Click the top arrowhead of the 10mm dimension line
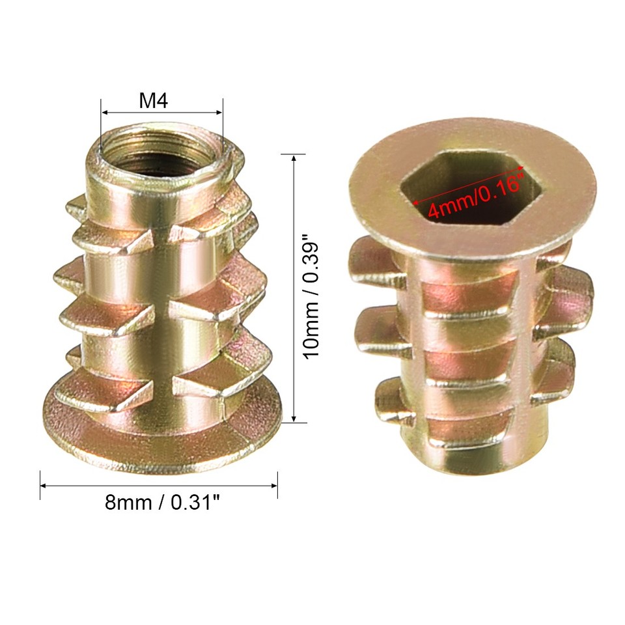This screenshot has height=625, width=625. [294, 158]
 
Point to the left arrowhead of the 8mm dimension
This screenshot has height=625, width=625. [44, 485]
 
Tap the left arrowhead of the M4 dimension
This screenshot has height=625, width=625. [104, 111]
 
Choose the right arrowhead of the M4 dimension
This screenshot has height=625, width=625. [219, 111]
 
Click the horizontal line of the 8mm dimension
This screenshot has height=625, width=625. [160, 485]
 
